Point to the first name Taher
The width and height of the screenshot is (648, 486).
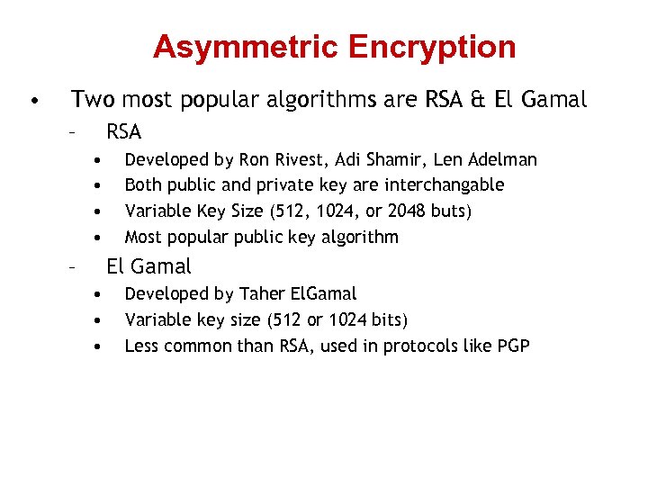(265, 294)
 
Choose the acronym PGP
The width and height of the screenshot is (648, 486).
(512, 346)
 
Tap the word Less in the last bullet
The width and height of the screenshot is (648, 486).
(142, 346)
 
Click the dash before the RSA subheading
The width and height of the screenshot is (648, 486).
(70, 132)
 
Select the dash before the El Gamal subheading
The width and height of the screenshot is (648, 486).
(70, 266)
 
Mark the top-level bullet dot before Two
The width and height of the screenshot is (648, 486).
(32, 100)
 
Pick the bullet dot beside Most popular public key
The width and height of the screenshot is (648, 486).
(94, 238)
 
